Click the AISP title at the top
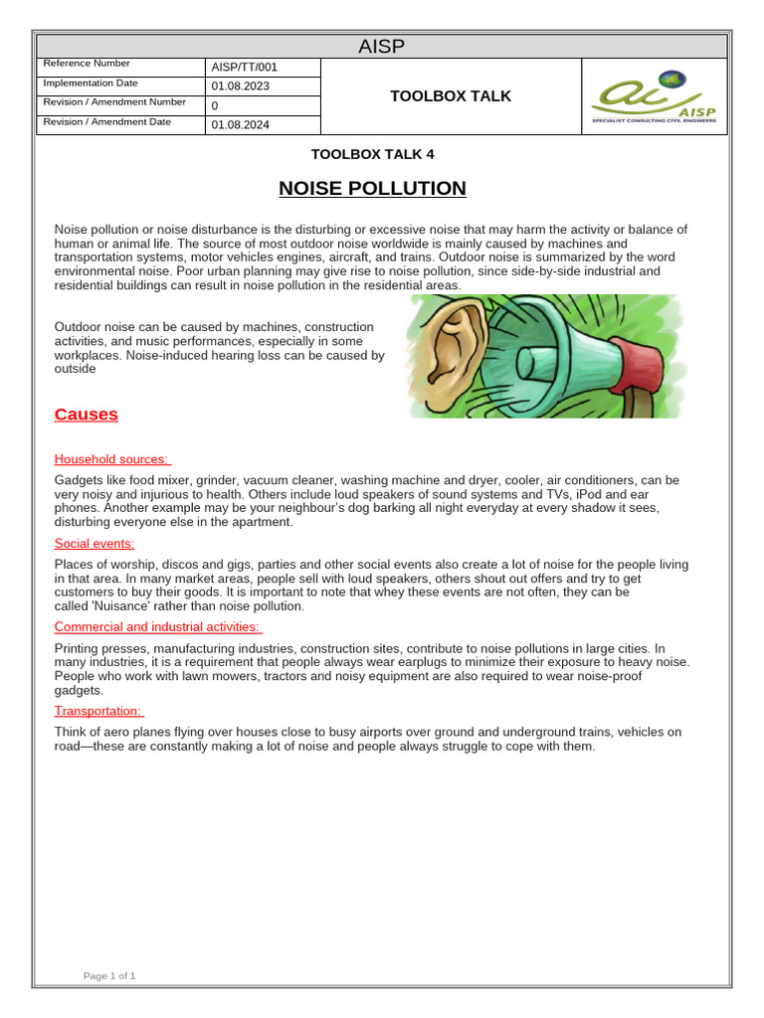point(382,47)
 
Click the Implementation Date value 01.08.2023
point(240,86)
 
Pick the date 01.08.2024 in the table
point(240,124)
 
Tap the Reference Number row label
point(88,65)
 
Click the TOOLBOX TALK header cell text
point(451,95)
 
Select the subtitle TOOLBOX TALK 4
point(373,154)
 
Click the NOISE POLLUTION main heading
point(358,188)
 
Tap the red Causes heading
point(86,415)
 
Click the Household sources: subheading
point(111,459)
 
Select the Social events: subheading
point(95,544)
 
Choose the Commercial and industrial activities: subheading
point(157,626)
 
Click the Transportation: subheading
point(97,711)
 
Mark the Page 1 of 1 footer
point(109,976)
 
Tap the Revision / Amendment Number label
point(114,102)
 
